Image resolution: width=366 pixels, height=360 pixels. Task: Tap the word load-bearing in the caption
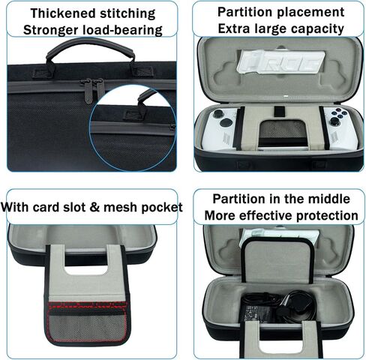pyautogui.click(x=122, y=30)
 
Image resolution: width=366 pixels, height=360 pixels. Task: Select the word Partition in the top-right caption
pyautogui.click(x=241, y=12)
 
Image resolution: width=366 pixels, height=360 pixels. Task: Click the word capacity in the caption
pyautogui.click(x=317, y=29)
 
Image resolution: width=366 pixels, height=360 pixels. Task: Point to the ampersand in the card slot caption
pyautogui.click(x=94, y=207)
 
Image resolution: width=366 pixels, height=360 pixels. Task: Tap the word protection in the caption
pyautogui.click(x=328, y=216)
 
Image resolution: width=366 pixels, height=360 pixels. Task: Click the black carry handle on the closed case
pyautogui.click(x=90, y=47)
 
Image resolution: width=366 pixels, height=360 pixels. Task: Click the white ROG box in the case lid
pyautogui.click(x=280, y=61)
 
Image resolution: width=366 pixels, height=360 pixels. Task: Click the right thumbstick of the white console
pyautogui.click(x=334, y=121)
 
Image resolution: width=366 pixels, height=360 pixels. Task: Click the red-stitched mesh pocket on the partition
pyautogui.click(x=88, y=322)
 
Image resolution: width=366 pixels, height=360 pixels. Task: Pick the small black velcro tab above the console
pyautogui.click(x=279, y=112)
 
